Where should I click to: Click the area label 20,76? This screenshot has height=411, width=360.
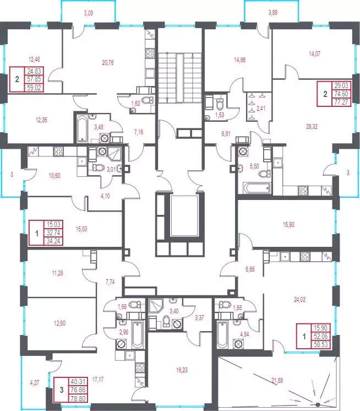pos(108,63)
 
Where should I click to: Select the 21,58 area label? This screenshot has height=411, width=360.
pos(277,380)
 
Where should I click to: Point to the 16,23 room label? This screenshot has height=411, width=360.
pos(182,370)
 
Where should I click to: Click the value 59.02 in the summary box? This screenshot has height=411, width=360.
pos(34,87)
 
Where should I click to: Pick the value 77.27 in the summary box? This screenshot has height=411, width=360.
pos(341,102)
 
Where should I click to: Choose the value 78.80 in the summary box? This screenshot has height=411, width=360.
pos(78,399)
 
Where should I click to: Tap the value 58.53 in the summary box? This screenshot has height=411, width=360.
pos(320,344)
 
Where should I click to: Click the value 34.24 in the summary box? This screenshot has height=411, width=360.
pos(54,241)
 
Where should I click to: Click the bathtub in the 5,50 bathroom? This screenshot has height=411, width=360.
pos(257,188)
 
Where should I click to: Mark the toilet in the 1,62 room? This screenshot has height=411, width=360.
pos(147,100)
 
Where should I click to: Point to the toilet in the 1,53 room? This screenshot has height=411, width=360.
pos(220,104)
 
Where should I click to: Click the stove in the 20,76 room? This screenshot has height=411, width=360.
pos(150,53)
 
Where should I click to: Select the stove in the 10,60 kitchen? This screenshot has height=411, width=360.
pos(58,152)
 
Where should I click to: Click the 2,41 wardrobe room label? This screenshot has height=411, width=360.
pos(260,108)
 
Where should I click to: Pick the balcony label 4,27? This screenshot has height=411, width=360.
pos(35,383)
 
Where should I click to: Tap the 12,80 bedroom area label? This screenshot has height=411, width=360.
pos(59,323)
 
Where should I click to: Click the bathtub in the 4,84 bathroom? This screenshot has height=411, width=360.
pos(222,335)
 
